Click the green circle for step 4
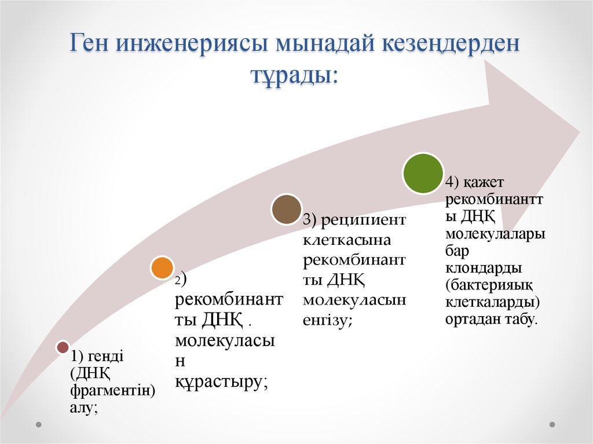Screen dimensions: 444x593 (x=423, y=173)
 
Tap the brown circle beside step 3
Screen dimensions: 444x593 (x=287, y=210)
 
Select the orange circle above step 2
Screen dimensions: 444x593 (x=162, y=268)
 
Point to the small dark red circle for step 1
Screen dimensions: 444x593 (x=63, y=347)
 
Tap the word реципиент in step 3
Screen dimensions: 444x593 (x=364, y=220)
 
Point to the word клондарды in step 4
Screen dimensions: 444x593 (x=484, y=269)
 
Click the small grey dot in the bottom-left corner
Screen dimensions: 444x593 (x=38, y=424)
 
